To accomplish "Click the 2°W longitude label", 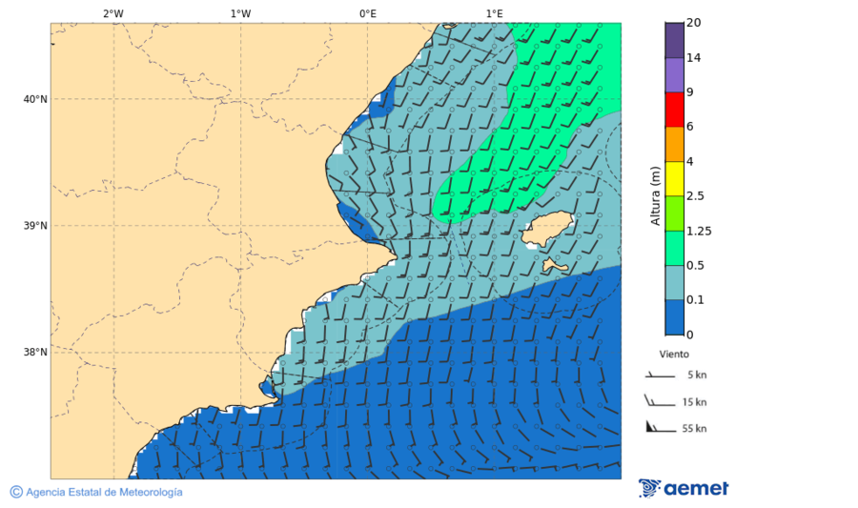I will point(112,13).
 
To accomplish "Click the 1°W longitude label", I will point(240,13).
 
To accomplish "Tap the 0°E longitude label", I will point(367,13).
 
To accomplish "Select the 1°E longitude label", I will point(495,13).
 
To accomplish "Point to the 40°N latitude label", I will point(35,99).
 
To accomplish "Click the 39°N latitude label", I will point(35,226).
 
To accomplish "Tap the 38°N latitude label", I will point(35,353).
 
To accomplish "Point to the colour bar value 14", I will point(693,58).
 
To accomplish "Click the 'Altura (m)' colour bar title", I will point(655,195).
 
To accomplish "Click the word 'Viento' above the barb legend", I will point(674,354).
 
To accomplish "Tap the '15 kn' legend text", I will point(695,402).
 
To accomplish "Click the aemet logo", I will point(684,489).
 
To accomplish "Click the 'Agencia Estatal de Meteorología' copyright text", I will point(103,492).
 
